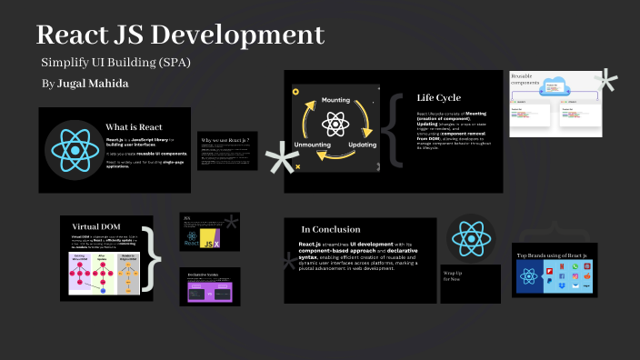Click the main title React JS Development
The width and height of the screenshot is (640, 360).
[180, 35]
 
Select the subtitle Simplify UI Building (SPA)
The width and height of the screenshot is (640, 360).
[115, 62]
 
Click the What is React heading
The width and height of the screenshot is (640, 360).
[134, 126]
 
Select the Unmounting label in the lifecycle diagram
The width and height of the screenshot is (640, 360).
[313, 145]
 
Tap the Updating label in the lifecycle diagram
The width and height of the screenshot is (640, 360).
[361, 145]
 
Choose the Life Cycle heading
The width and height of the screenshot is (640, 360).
[438, 98]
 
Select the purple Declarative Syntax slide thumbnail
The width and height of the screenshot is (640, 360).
[209, 290]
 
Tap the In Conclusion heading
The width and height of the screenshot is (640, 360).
[330, 229]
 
